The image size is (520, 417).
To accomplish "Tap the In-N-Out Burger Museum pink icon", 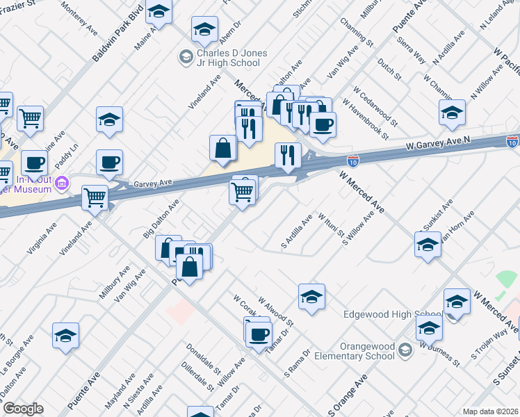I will (63, 184).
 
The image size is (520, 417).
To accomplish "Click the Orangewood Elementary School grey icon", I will (406, 354).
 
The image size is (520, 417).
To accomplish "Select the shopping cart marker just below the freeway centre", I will (241, 191).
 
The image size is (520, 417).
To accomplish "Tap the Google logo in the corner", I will (24, 409).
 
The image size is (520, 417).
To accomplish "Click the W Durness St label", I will (439, 350).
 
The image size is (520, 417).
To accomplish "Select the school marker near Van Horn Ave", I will (428, 245).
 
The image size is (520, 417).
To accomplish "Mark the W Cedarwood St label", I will (375, 107).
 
